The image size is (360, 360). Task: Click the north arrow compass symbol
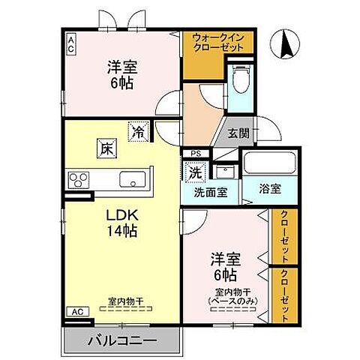pyautogui.click(x=286, y=43)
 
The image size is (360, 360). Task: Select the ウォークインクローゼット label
pyautogui.click(x=218, y=42)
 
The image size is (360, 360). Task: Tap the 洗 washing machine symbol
pyautogui.click(x=194, y=171)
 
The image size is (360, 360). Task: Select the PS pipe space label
pyautogui.click(x=196, y=154)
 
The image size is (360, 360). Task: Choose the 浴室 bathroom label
pyautogui.click(x=271, y=189)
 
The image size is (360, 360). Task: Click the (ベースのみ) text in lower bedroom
pyautogui.click(x=231, y=301)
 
